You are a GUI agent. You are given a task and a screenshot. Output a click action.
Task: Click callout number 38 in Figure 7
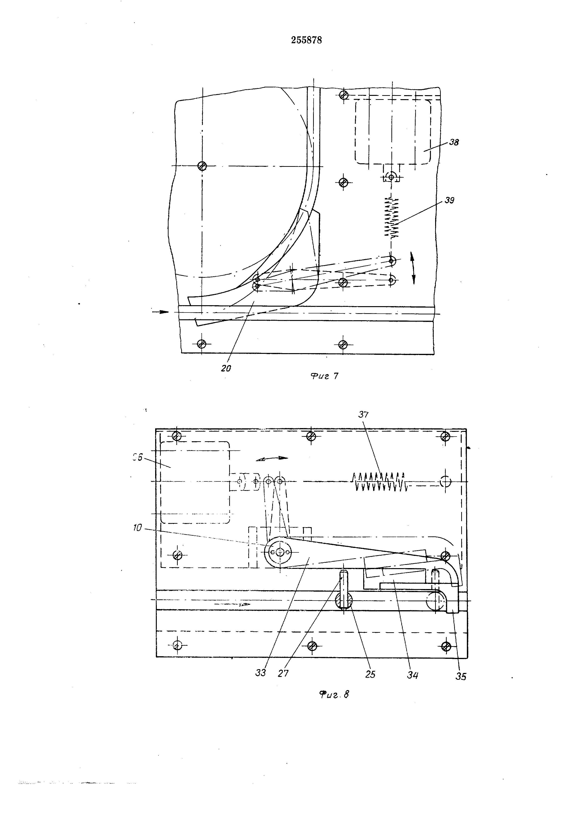tap(454, 142)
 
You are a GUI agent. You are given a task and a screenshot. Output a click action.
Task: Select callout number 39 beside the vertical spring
tap(449, 200)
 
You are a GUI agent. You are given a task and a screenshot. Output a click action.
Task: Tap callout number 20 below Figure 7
tap(226, 368)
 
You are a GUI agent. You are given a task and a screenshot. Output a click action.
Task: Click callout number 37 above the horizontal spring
tap(363, 414)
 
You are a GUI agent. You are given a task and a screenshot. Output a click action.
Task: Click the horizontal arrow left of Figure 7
tap(160, 312)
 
